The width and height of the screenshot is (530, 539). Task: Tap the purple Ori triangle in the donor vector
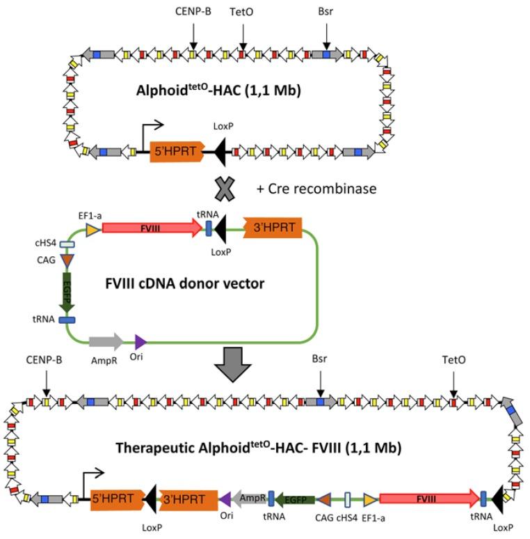(140, 341)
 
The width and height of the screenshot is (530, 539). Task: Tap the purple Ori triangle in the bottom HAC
(225, 498)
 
